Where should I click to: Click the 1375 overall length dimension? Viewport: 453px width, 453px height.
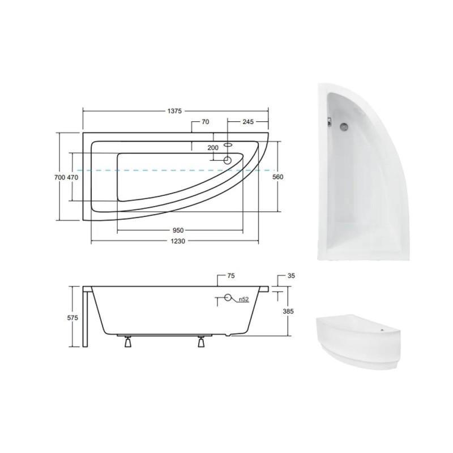(x=174, y=111)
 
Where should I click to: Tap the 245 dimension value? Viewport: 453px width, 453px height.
(x=248, y=122)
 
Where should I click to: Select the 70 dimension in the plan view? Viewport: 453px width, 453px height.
(x=205, y=122)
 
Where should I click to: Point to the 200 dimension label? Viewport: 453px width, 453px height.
(x=213, y=148)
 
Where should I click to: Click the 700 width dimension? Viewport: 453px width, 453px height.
(x=60, y=177)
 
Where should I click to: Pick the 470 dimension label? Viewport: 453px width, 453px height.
(x=72, y=177)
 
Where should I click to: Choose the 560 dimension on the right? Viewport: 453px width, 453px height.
(x=278, y=177)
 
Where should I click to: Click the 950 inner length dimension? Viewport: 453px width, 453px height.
(x=178, y=230)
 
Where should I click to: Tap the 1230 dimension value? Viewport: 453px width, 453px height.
(x=177, y=241)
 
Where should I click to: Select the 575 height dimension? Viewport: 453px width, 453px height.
(x=72, y=318)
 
